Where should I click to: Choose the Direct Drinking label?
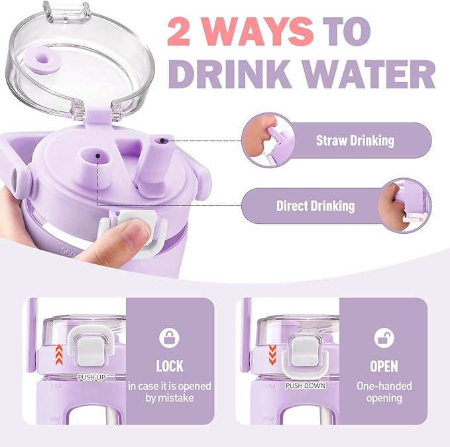[315, 206]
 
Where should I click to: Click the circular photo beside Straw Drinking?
[266, 140]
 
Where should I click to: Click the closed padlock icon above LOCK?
[169, 338]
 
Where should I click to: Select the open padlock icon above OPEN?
[384, 338]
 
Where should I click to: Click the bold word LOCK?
[169, 366]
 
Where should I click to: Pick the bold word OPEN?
[384, 366]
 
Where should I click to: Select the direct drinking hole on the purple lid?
[97, 156]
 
